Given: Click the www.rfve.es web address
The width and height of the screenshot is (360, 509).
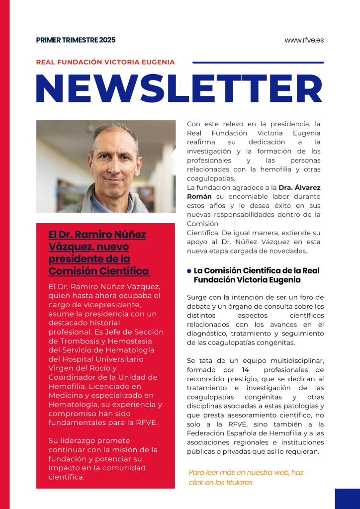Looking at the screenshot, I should (x=304, y=40).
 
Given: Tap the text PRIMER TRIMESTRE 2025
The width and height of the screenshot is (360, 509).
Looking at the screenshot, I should (x=76, y=40).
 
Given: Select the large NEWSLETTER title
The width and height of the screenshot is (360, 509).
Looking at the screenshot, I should (x=180, y=89).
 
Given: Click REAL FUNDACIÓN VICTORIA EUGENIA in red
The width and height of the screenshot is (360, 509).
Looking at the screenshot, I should (x=105, y=62).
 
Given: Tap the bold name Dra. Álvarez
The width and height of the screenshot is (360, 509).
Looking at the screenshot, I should (x=299, y=187).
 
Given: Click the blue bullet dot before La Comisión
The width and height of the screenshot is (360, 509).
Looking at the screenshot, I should (x=189, y=271).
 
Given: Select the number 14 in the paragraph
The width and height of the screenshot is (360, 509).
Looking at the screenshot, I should (x=245, y=370).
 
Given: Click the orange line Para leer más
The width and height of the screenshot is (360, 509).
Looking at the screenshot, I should (x=246, y=472).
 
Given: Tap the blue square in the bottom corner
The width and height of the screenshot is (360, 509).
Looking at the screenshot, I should (x=347, y=498).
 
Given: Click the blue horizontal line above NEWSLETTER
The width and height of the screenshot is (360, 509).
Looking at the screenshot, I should (x=258, y=63).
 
